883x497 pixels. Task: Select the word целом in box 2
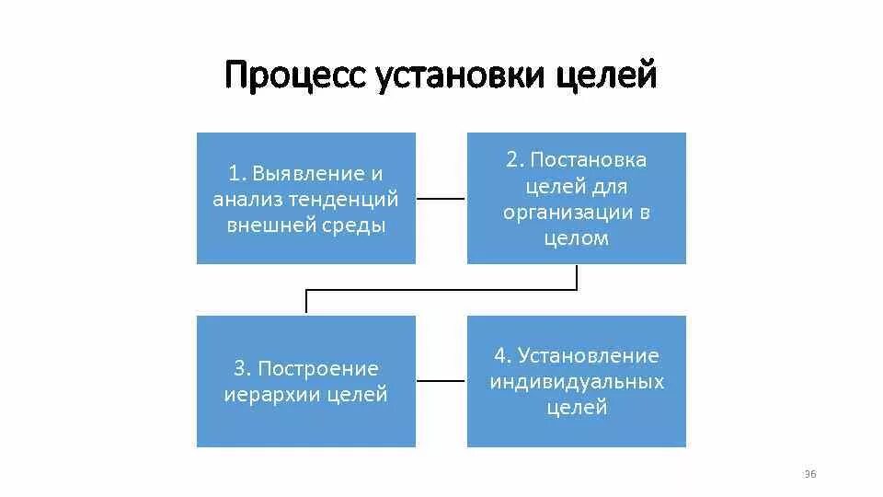click(577, 238)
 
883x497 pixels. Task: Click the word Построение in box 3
click(318, 369)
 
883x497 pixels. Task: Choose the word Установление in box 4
click(589, 355)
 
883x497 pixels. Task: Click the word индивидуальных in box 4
click(577, 381)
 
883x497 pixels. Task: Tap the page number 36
click(810, 474)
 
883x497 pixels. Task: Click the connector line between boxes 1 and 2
click(441, 198)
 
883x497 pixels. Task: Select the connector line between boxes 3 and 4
click(441, 381)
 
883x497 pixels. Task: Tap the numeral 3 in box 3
click(239, 369)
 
